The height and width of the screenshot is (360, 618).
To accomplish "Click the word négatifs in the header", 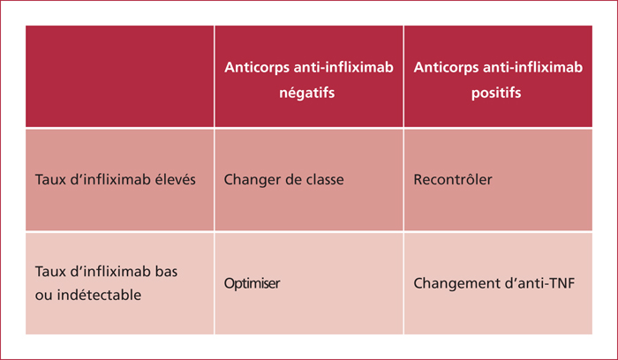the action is pos(306,94).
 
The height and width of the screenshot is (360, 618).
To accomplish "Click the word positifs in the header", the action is pos(496,94).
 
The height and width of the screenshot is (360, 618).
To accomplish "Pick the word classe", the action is pos(325,180).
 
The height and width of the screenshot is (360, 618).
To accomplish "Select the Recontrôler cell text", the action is pos(453,180).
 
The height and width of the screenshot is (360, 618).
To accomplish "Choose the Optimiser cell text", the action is pos(252,283).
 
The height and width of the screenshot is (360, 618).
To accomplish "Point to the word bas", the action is pos(166,272).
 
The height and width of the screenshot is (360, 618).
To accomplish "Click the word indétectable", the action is pos(99,295).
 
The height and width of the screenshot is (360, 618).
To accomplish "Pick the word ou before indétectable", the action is pos(43,296).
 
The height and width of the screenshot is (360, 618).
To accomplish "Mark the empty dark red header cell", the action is pos(120,77).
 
